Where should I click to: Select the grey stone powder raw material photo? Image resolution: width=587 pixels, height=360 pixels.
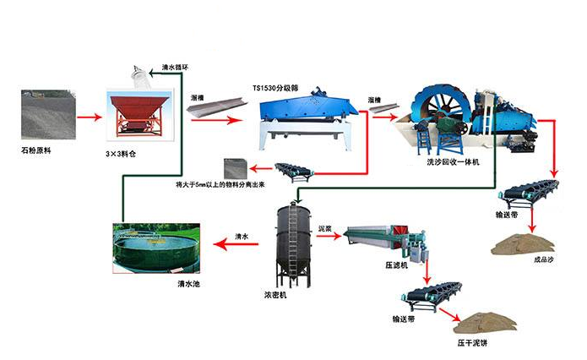point(46,114)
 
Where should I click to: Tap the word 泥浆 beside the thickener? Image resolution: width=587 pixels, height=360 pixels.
point(327,228)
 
